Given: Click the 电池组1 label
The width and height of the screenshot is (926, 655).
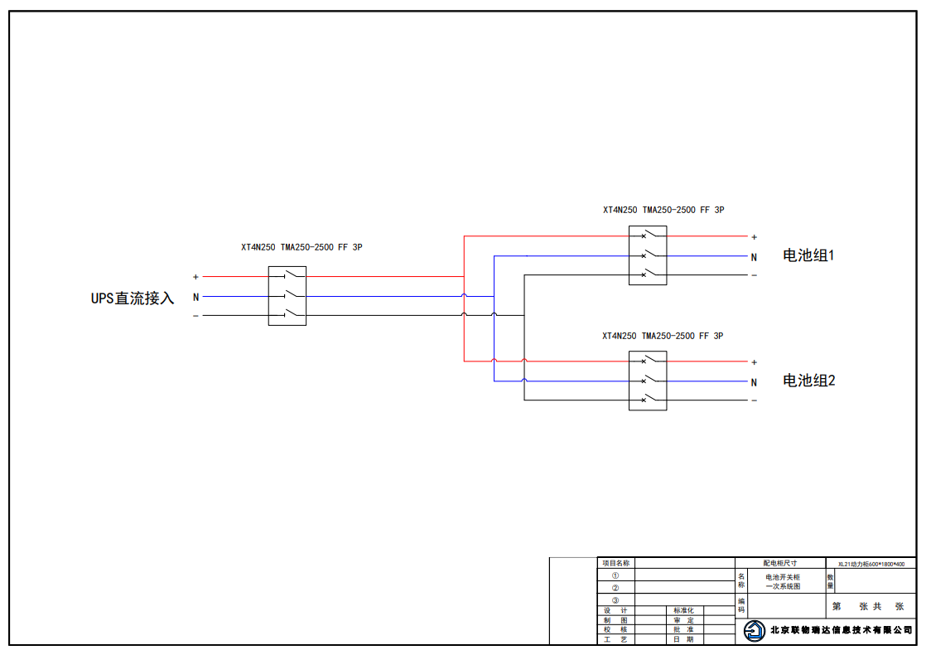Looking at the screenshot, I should [808, 255].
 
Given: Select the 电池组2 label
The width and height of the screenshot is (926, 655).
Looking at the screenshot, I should [808, 381].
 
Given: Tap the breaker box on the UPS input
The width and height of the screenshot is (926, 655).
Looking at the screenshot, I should [287, 296].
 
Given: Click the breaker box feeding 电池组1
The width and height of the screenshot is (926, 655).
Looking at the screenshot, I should [648, 255].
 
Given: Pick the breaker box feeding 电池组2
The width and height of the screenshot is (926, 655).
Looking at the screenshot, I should [648, 381].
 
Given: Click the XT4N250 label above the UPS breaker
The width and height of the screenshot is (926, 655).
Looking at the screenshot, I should [301, 247].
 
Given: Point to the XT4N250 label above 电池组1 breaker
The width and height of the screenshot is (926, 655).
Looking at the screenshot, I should [663, 211].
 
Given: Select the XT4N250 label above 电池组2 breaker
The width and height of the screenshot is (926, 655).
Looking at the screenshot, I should [663, 336].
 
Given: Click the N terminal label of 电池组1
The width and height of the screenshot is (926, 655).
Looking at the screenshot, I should [754, 257].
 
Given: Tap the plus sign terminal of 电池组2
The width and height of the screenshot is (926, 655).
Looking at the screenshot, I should [754, 362].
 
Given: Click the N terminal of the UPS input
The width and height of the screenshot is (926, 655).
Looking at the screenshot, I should [195, 297].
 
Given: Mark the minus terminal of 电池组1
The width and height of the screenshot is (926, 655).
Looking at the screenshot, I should [754, 275].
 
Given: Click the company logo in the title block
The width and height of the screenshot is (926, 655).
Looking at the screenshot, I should [754, 631].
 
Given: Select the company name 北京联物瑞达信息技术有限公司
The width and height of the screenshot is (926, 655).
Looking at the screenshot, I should [841, 631].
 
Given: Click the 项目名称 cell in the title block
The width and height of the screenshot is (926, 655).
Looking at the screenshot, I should [615, 563].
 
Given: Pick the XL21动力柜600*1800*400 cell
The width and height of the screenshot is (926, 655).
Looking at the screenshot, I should [871, 564].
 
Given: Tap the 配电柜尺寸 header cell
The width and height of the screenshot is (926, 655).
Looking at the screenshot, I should [779, 563].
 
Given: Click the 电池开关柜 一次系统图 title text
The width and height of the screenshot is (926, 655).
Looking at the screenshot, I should [783, 581].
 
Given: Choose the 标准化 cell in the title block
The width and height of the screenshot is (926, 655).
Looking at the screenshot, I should [683, 610].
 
